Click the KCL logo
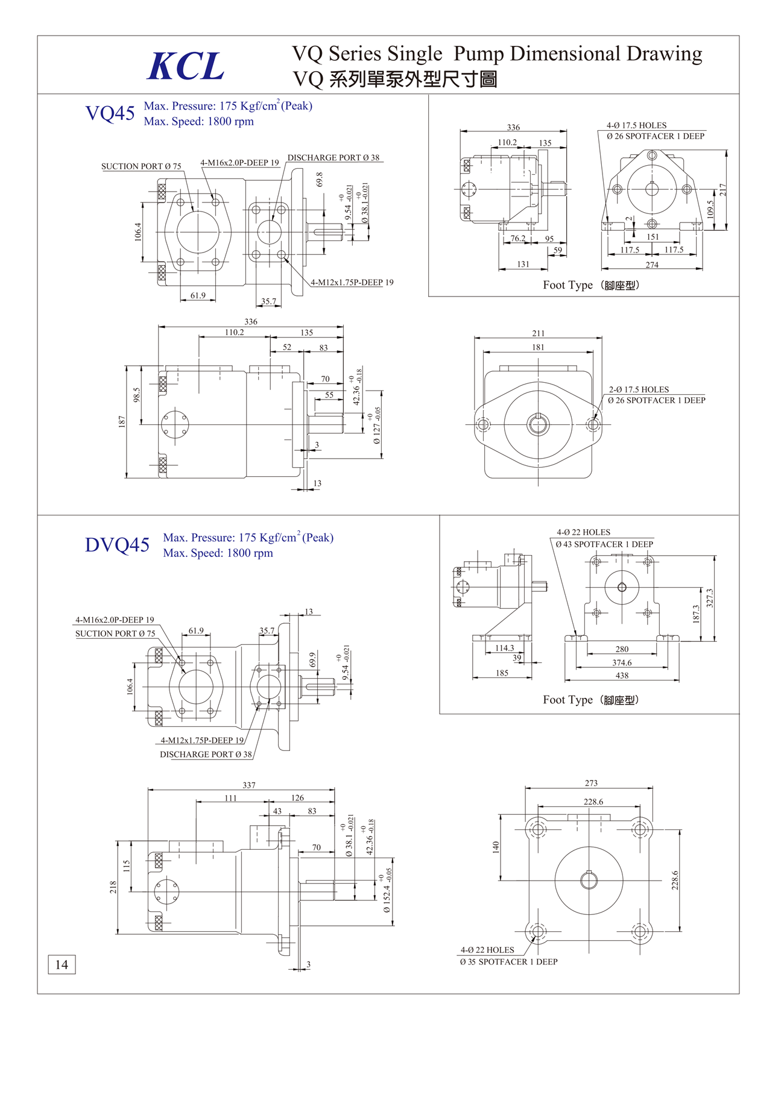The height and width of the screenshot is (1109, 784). [186, 66]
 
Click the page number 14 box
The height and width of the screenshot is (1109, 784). [62, 964]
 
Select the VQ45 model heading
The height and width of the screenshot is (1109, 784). [110, 113]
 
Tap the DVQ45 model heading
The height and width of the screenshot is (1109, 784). [117, 545]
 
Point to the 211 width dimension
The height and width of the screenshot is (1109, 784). [538, 333]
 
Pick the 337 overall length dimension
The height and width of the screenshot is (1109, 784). [249, 785]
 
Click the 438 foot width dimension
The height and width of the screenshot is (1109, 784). [622, 676]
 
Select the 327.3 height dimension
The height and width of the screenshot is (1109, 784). [710, 598]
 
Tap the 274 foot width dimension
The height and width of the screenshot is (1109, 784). [652, 265]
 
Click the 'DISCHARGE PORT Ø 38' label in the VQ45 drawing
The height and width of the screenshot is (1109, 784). [334, 158]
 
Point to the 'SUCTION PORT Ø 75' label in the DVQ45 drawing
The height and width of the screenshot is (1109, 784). [115, 633]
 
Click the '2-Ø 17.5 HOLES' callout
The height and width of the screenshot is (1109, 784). [639, 389]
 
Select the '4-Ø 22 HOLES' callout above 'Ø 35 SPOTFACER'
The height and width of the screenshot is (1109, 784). [487, 950]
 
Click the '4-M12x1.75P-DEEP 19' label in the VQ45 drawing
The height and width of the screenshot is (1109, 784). [352, 282]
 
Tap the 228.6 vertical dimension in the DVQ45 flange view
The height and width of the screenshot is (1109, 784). [675, 880]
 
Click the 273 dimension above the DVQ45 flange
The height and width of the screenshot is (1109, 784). [591, 783]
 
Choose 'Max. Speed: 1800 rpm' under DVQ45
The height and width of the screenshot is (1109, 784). [218, 553]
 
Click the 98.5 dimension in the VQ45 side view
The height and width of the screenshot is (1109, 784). [137, 395]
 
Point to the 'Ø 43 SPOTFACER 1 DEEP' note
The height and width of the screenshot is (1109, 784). [604, 544]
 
